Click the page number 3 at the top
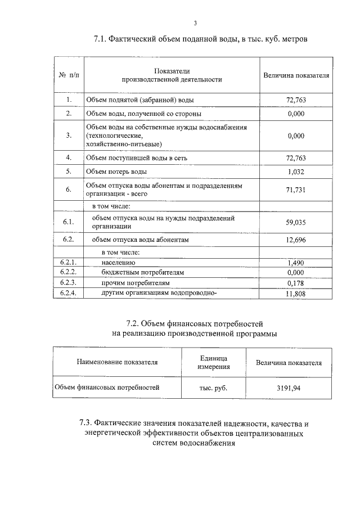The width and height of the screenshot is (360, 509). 195,23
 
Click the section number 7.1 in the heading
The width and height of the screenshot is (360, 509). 100,40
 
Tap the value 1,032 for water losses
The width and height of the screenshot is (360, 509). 295,172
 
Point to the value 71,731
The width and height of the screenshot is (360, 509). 295,190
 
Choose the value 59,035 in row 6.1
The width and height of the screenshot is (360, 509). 295,222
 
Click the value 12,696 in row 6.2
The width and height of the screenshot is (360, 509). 295,240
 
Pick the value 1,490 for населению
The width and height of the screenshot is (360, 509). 295,263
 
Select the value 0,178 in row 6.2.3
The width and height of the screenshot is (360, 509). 295,283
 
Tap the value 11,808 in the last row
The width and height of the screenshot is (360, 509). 295,293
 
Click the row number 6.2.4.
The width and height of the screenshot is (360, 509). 68,293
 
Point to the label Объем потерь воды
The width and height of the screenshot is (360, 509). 117,172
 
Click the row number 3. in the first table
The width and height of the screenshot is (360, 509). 68,135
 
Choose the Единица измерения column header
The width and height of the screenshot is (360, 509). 213,363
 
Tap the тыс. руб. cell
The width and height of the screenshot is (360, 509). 213,388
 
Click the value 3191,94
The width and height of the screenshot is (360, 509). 289,388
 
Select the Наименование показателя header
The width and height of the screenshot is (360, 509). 118,363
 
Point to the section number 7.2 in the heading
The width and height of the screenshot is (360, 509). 132,323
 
